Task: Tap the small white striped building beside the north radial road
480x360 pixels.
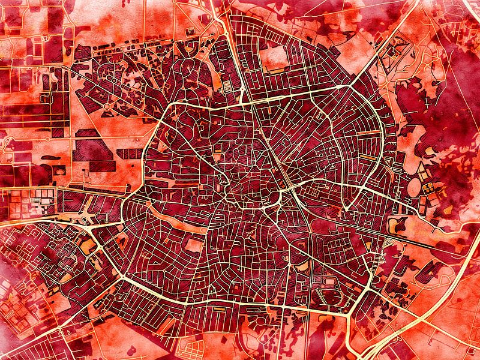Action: pyautogui.click(x=229, y=89)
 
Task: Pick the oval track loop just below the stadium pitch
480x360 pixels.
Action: pyautogui.click(x=328, y=296)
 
